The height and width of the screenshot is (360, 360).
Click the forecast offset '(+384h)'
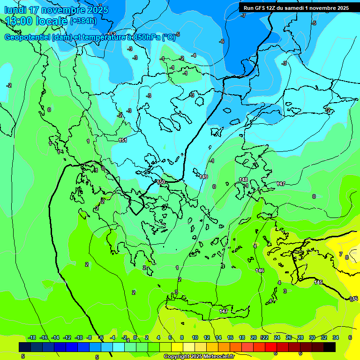83,21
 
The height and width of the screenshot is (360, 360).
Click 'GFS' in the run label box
261,8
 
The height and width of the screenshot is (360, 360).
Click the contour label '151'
123,140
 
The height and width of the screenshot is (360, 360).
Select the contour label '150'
161,182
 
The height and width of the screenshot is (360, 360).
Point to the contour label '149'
203,177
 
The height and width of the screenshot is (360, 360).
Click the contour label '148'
243,180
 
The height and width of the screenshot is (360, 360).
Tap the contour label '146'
260,270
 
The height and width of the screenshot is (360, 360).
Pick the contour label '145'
318,282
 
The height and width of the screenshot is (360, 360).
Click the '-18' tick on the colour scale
32,337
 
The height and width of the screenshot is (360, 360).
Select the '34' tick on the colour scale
336,337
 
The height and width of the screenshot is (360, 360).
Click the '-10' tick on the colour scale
79,337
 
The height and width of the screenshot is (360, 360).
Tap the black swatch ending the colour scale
330,347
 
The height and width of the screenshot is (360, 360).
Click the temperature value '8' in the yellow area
347,257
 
